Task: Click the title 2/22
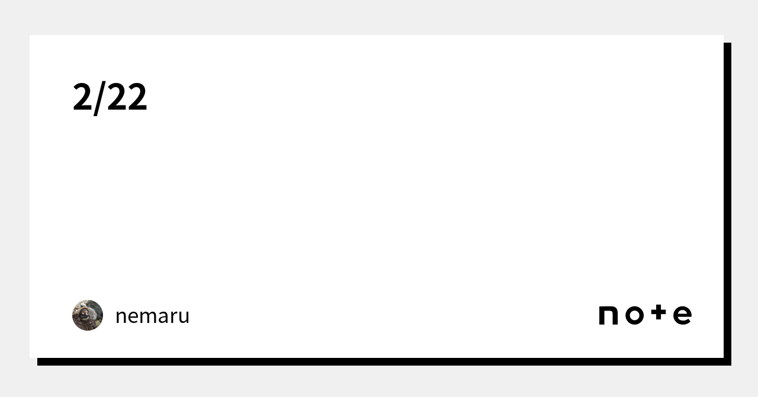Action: click(x=110, y=97)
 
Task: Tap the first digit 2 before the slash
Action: click(x=81, y=97)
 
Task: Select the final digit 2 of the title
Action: click(x=137, y=97)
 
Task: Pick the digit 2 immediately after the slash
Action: click(x=117, y=97)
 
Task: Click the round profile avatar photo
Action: click(x=88, y=315)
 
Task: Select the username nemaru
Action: click(x=152, y=316)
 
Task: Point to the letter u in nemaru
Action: click(x=183, y=317)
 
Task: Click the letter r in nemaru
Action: click(x=171, y=317)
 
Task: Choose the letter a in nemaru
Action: click(x=160, y=317)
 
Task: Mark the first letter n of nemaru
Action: click(x=121, y=317)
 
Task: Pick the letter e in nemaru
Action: click(x=133, y=317)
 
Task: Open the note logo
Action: click(x=645, y=315)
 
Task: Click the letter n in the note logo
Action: click(x=609, y=316)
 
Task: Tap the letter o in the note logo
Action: click(x=634, y=316)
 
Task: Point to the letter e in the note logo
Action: click(x=682, y=316)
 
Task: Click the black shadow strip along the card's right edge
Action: click(x=727, y=201)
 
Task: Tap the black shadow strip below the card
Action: click(x=379, y=361)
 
